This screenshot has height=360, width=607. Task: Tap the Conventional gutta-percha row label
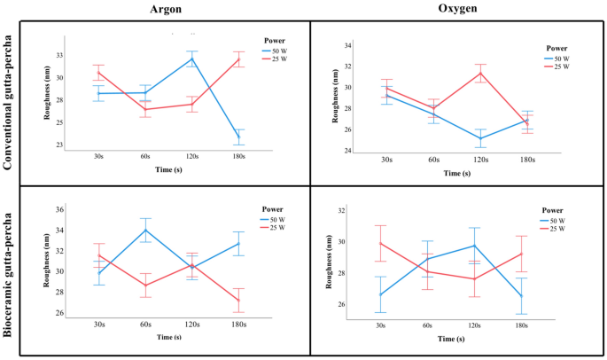[x=8, y=99]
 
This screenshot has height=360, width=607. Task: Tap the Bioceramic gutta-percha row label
[x=8, y=269]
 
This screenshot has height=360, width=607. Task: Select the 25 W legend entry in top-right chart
[x=564, y=67]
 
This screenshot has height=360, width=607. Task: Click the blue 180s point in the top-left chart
[x=237, y=137]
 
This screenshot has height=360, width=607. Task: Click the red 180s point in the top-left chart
[x=237, y=59]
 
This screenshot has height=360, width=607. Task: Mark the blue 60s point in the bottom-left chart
[x=145, y=231]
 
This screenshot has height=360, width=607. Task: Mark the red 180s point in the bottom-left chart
[x=237, y=300]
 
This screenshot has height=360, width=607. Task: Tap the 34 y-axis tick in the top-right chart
[x=348, y=45]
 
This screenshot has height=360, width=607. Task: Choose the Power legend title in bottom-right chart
[x=552, y=211]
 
